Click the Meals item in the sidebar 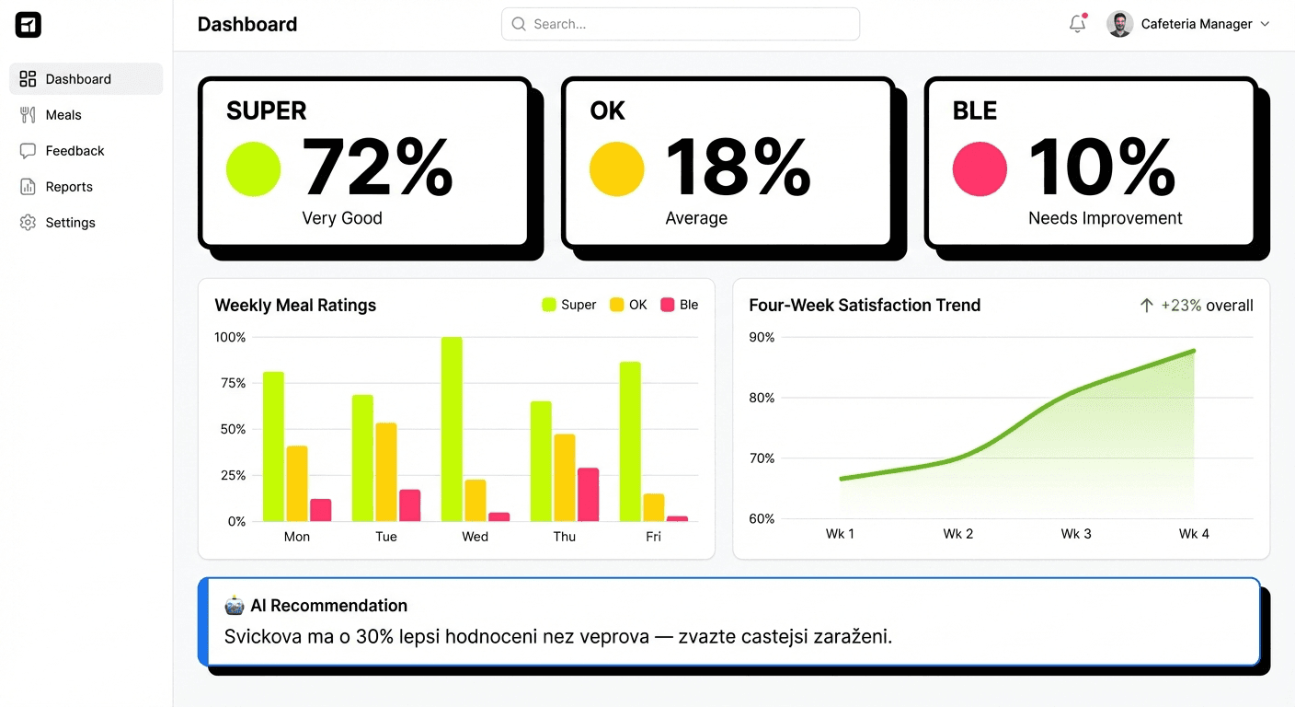click(x=63, y=115)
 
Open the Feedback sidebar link click(x=74, y=151)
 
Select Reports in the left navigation click(x=68, y=187)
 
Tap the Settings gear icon click(x=28, y=223)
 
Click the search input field click(x=681, y=24)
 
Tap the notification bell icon click(x=1077, y=25)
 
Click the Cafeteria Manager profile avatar click(x=1119, y=24)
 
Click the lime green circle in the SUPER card click(x=253, y=169)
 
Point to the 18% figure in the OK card click(x=737, y=168)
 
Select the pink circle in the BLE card click(x=980, y=169)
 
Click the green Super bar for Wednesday click(x=452, y=429)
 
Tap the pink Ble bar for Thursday click(x=588, y=494)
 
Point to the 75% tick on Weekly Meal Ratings click(x=230, y=383)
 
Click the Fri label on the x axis click(x=653, y=537)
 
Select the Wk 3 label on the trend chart click(x=1076, y=534)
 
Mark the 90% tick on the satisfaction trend click(x=762, y=338)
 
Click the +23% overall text click(x=1206, y=306)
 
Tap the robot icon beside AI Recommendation click(x=235, y=606)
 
